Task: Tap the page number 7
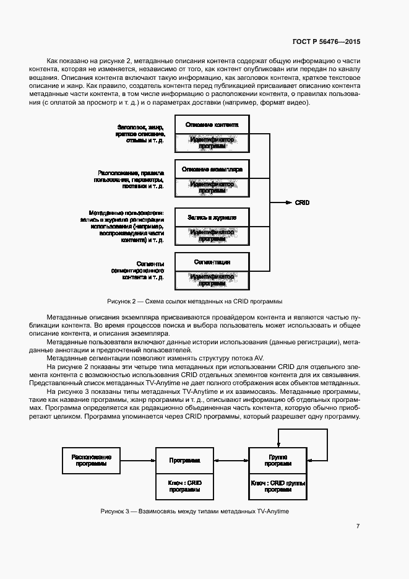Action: pyautogui.click(x=358, y=526)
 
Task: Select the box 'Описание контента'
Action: pyautogui.click(x=212, y=124)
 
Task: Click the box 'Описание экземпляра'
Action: pyautogui.click(x=212, y=169)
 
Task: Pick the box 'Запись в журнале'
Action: pyautogui.click(x=212, y=217)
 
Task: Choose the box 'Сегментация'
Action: pyautogui.click(x=212, y=262)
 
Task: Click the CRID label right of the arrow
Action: pyautogui.click(x=302, y=202)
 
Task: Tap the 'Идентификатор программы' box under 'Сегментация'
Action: pyautogui.click(x=212, y=280)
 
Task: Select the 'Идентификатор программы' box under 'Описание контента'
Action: pyautogui.click(x=212, y=142)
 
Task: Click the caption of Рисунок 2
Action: pyautogui.click(x=195, y=301)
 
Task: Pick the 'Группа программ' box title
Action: pyautogui.click(x=278, y=460)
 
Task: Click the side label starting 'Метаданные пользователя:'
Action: pyautogui.click(x=122, y=225)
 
